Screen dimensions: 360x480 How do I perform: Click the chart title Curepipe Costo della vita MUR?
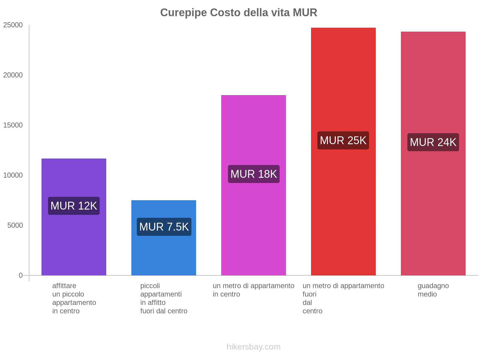[238, 13]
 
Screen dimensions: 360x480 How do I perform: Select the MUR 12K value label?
[74, 206]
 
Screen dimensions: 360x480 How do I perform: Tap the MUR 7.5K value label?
[164, 227]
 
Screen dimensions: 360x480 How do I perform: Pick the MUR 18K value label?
[254, 174]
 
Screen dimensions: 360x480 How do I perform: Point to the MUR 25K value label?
[343, 140]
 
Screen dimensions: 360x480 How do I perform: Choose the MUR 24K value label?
[433, 142]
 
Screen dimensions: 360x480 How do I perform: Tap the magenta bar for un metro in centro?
[253, 126]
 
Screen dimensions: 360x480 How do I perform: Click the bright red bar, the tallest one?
[343, 75]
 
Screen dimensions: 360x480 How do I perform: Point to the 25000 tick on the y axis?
[13, 25]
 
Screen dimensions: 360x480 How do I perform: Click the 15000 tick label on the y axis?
[13, 125]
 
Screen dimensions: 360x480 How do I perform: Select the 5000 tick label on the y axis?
[15, 225]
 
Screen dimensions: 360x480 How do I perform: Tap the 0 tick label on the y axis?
[21, 275]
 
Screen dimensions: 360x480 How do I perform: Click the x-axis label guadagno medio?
[433, 290]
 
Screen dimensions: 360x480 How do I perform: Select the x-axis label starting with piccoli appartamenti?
[163, 298]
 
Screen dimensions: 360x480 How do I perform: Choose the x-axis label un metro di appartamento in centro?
[253, 290]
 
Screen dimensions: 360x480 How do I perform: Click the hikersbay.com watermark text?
[253, 347]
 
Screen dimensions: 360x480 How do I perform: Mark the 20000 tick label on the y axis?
[13, 75]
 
